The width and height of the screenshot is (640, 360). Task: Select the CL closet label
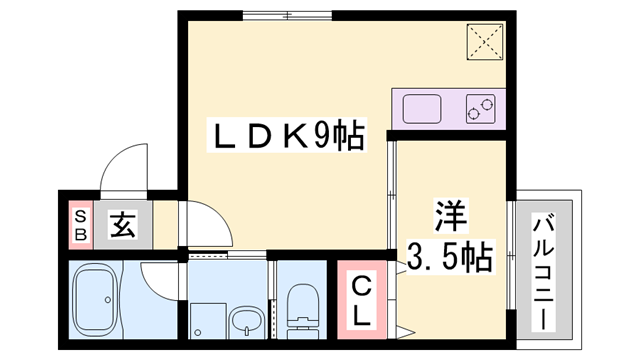(x=361, y=300)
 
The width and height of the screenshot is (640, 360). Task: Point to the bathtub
(x=107, y=299)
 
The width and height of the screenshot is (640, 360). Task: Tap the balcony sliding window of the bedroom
(x=510, y=255)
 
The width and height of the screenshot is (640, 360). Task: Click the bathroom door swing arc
(x=160, y=281)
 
